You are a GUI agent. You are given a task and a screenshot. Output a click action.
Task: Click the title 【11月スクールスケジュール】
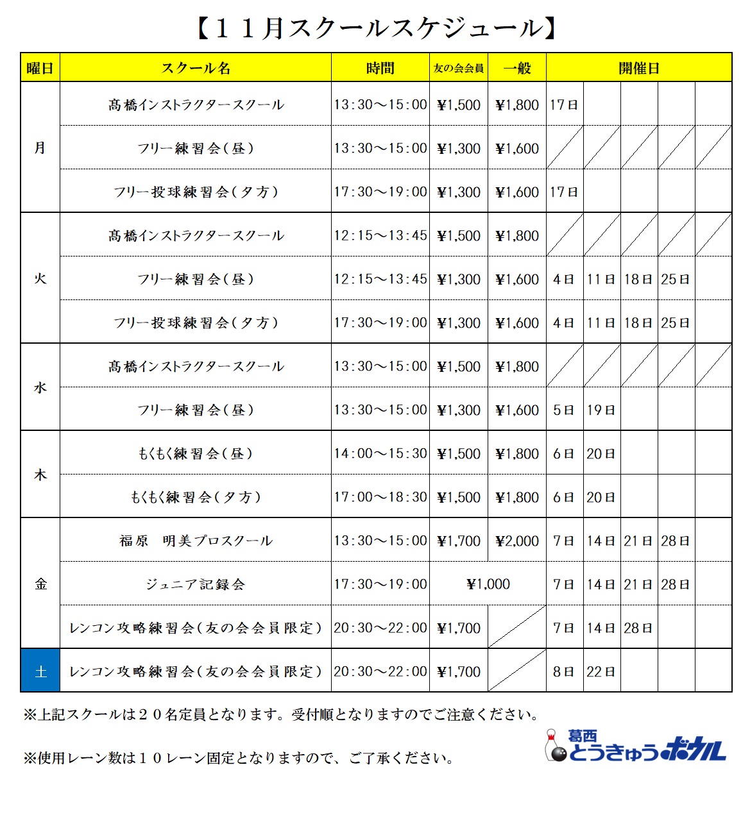(x=375, y=28)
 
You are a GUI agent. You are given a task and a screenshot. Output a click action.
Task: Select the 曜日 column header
(x=40, y=68)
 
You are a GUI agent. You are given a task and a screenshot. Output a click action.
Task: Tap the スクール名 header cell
(x=196, y=68)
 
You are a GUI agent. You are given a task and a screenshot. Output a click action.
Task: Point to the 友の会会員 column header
(x=459, y=68)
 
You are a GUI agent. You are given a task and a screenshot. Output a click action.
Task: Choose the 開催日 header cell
(x=639, y=68)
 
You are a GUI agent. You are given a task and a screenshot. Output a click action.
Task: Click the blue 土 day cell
(x=40, y=671)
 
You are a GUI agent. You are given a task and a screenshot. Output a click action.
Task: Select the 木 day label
(x=40, y=475)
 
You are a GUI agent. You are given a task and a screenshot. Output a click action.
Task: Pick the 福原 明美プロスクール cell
(x=196, y=541)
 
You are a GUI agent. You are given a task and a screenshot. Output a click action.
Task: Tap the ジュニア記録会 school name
(x=196, y=584)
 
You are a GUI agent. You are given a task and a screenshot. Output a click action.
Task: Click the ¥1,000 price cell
(x=488, y=584)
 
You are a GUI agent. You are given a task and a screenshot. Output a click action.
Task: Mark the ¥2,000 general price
(x=517, y=541)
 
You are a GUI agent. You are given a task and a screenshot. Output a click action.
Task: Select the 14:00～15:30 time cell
(x=380, y=453)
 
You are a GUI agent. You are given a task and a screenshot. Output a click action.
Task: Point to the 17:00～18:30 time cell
(x=380, y=497)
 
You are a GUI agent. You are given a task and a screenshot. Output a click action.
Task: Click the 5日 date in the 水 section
(x=565, y=410)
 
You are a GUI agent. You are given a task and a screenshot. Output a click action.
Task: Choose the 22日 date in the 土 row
(x=601, y=671)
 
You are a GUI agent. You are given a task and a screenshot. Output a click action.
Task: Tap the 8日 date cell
(x=565, y=671)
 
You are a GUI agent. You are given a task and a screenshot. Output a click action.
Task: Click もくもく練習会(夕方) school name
(x=196, y=497)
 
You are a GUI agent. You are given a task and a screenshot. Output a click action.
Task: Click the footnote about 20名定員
(x=281, y=714)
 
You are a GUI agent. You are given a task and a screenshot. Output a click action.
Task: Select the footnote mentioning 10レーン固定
(x=239, y=758)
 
